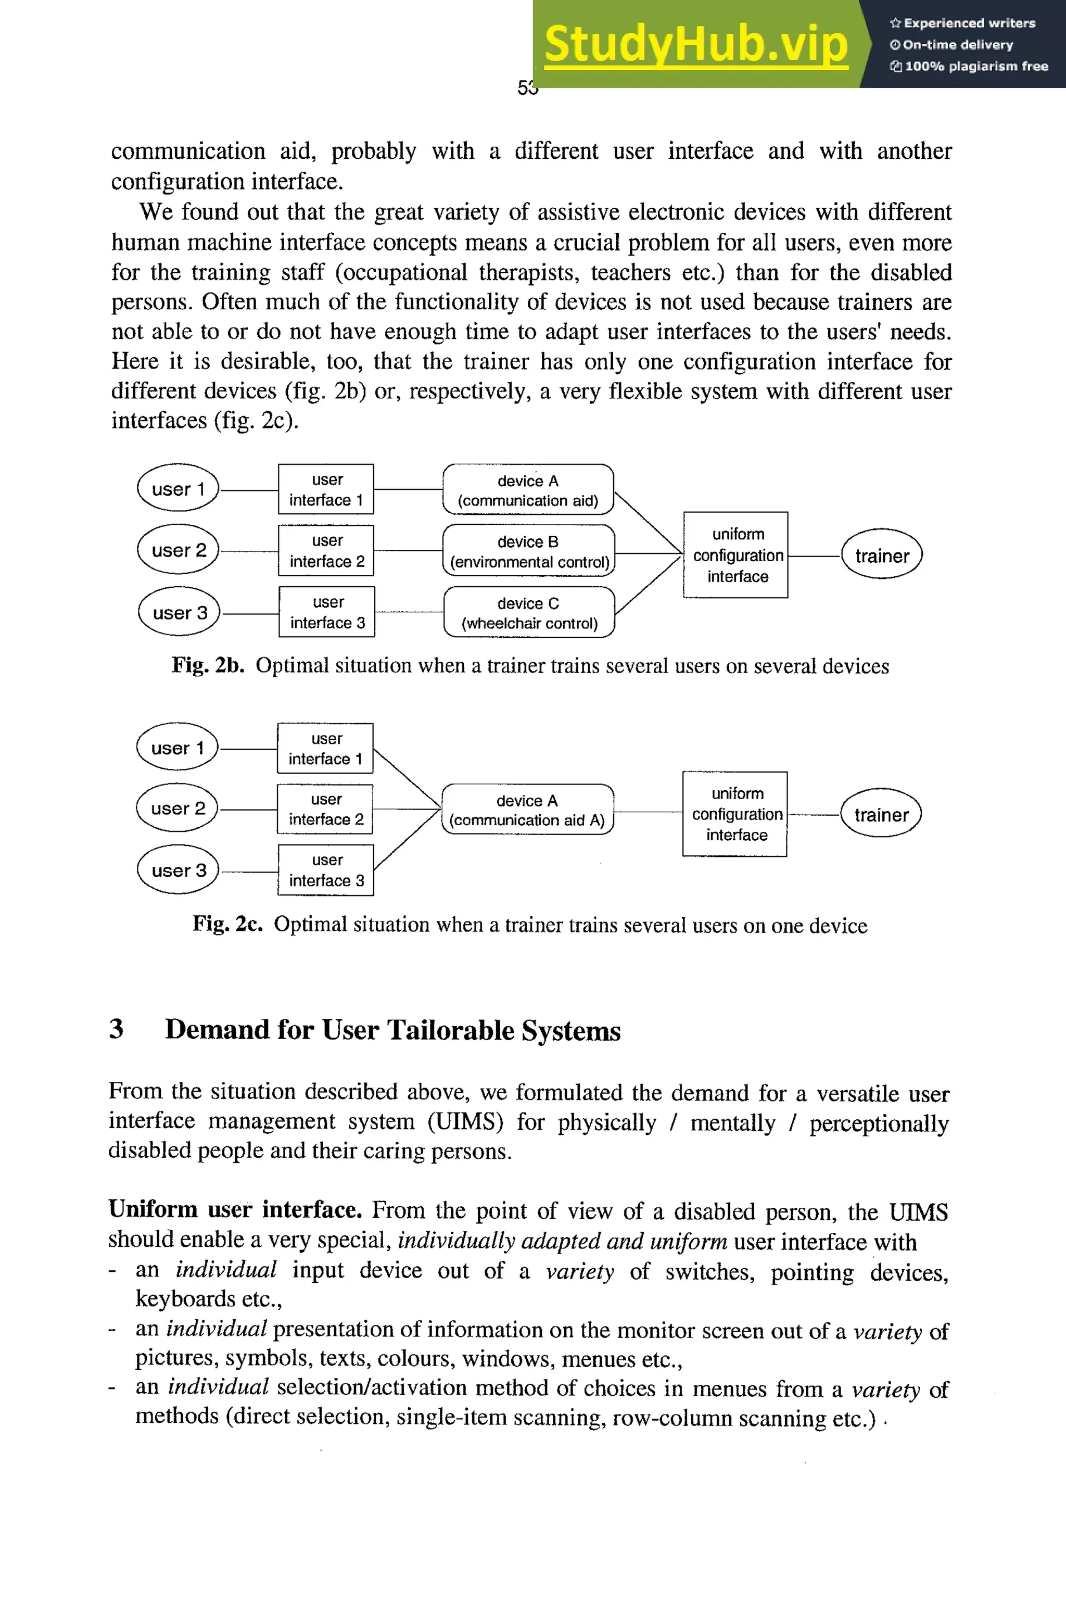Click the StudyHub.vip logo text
pyautogui.click(x=695, y=44)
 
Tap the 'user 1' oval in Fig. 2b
pyautogui.click(x=178, y=488)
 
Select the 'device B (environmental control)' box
pyautogui.click(x=528, y=551)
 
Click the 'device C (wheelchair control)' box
pyautogui.click(x=529, y=613)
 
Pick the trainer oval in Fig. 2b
pyautogui.click(x=881, y=555)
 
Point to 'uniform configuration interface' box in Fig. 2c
pyautogui.click(x=735, y=814)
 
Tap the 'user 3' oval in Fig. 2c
pyautogui.click(x=178, y=870)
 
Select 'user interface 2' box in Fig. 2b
pyautogui.click(x=326, y=551)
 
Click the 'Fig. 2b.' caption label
pyautogui.click(x=207, y=665)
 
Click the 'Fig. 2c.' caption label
pyautogui.click(x=227, y=924)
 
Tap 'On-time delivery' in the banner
pyautogui.click(x=957, y=45)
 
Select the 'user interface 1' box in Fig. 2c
pyautogui.click(x=325, y=748)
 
